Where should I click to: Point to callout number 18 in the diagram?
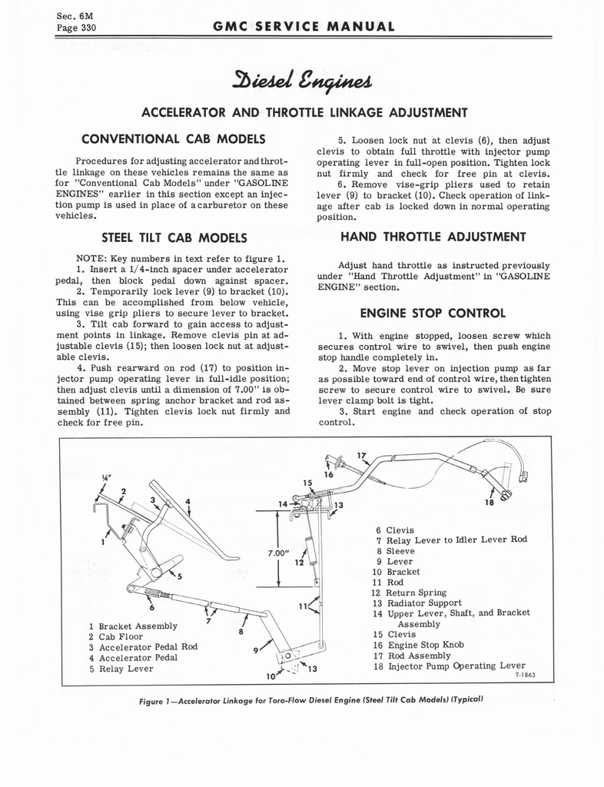[x=489, y=503]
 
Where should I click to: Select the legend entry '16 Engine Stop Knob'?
[x=421, y=645]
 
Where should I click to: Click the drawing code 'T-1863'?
[x=523, y=675]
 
